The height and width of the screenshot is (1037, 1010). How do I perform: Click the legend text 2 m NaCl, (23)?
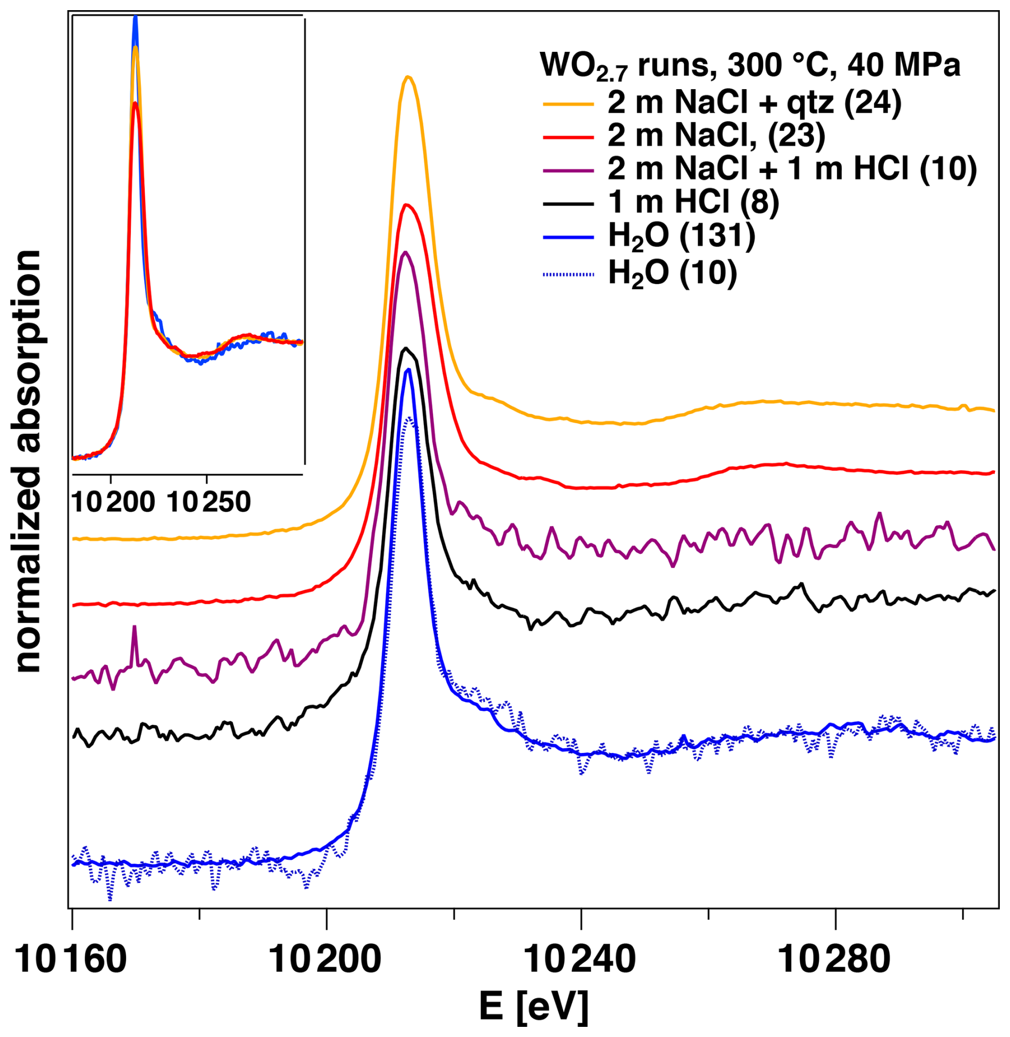click(x=716, y=136)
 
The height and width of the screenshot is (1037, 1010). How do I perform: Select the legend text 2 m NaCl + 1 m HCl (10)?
click(x=792, y=169)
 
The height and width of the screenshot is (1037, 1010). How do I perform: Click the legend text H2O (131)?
click(x=682, y=237)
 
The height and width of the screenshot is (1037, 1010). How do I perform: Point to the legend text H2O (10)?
click(x=673, y=273)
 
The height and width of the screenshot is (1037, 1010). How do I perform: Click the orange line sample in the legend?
click(x=569, y=104)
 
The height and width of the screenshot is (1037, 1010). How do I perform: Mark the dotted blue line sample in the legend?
click(x=569, y=274)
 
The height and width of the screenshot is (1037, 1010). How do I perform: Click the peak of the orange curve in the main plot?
click(x=408, y=77)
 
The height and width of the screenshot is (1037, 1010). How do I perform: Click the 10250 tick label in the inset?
click(x=209, y=502)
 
